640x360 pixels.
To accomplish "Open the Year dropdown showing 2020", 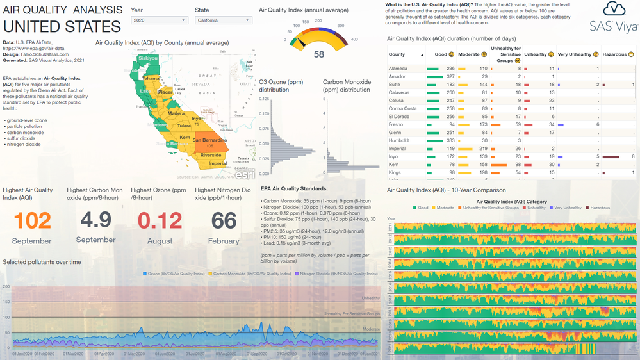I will click(159, 20).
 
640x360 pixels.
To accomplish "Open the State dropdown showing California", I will click(223, 20).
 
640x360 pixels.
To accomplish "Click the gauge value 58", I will click(318, 54).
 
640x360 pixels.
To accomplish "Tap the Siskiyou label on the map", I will click(148, 58).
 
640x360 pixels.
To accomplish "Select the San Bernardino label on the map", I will click(210, 140).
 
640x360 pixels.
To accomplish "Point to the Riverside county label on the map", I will click(211, 155).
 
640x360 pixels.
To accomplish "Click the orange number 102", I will click(32, 220).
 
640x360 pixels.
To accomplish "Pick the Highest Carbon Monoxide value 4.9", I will click(95, 219).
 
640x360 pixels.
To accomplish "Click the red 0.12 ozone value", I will click(160, 220).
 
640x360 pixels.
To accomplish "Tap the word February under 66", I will click(224, 240).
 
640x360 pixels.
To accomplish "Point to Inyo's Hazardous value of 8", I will click(632, 156).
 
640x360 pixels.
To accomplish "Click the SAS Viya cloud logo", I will click(613, 9).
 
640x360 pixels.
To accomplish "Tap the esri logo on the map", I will click(243, 174).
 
